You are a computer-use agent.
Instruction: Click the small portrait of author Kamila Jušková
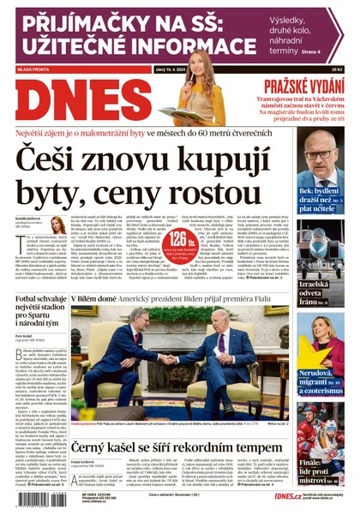[57, 227]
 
